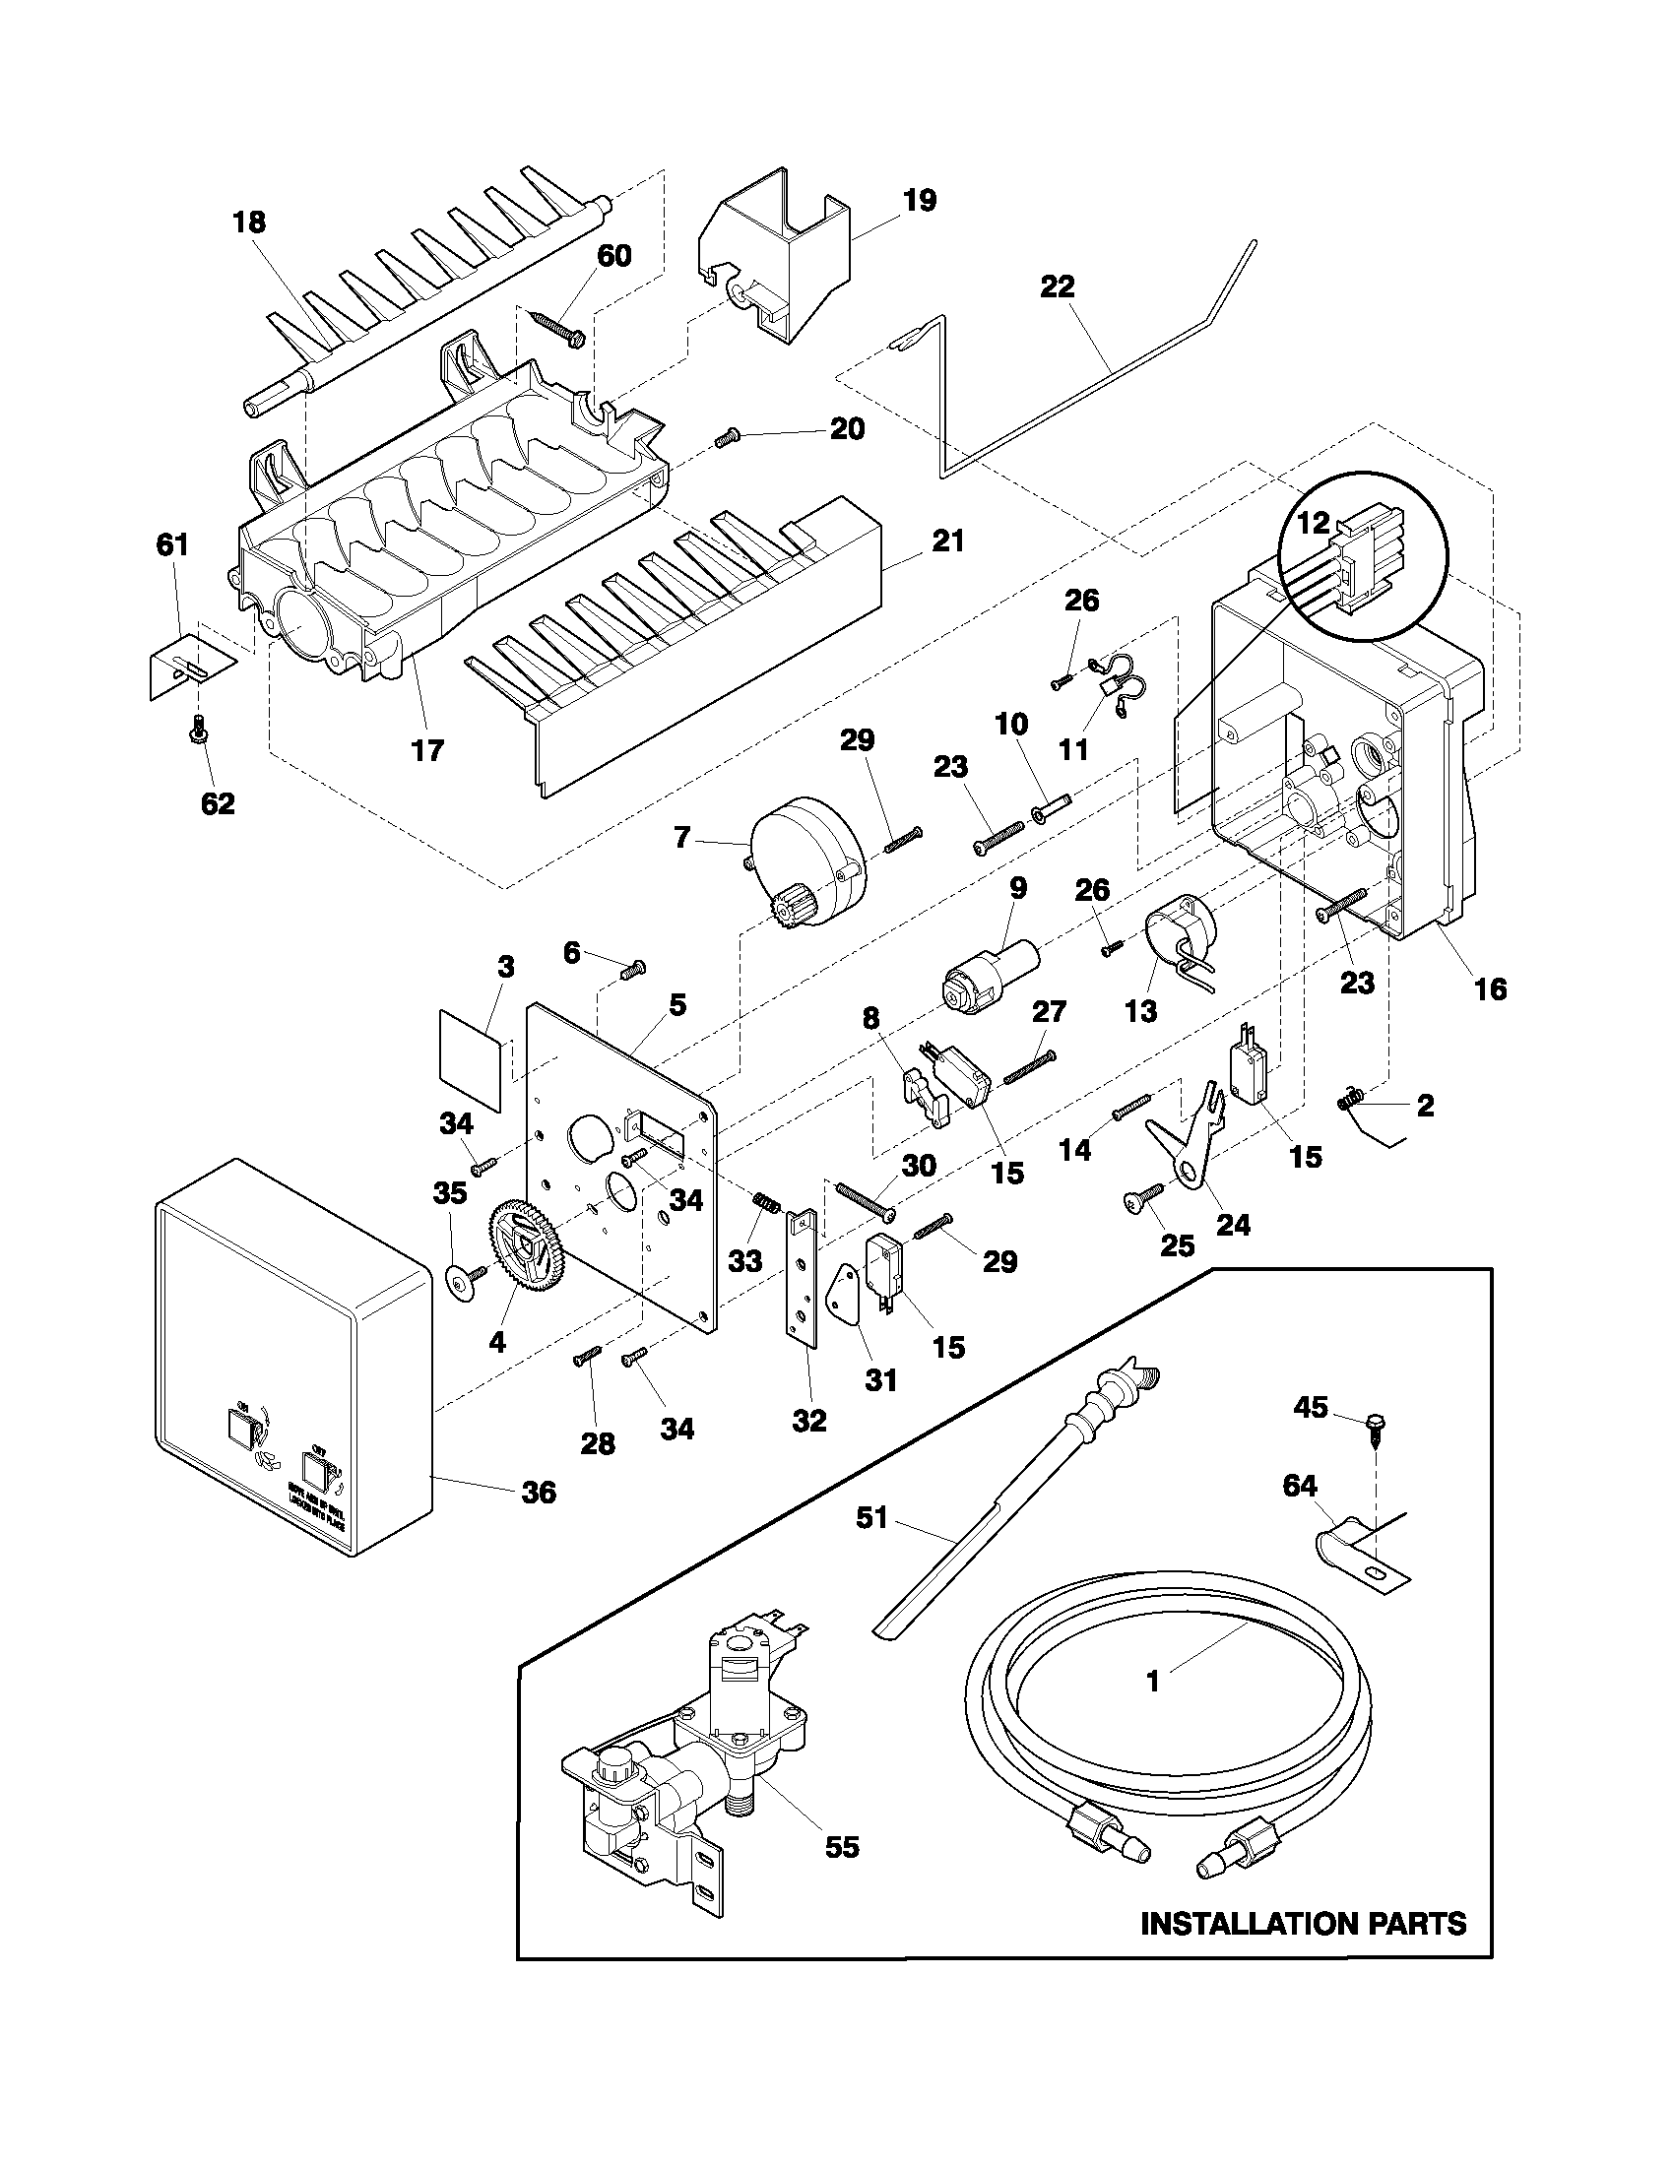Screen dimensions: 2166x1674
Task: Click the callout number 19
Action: click(920, 200)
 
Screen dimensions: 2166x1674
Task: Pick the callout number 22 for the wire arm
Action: click(1058, 287)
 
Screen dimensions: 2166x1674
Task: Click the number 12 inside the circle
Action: click(1314, 524)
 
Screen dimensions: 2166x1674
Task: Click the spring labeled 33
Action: click(764, 1211)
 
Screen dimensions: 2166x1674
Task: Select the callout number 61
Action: click(172, 544)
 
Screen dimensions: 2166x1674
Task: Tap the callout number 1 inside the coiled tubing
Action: click(1152, 1683)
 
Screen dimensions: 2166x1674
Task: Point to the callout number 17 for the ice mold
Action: click(427, 751)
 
